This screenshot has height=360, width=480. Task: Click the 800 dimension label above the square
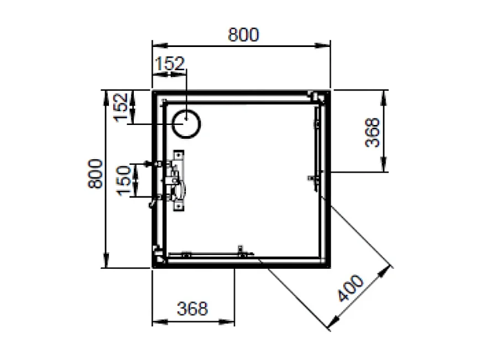click(243, 34)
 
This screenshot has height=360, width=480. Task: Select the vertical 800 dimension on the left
click(95, 174)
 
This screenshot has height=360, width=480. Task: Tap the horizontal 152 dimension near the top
click(169, 64)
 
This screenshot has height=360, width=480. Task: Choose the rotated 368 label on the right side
click(374, 132)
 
